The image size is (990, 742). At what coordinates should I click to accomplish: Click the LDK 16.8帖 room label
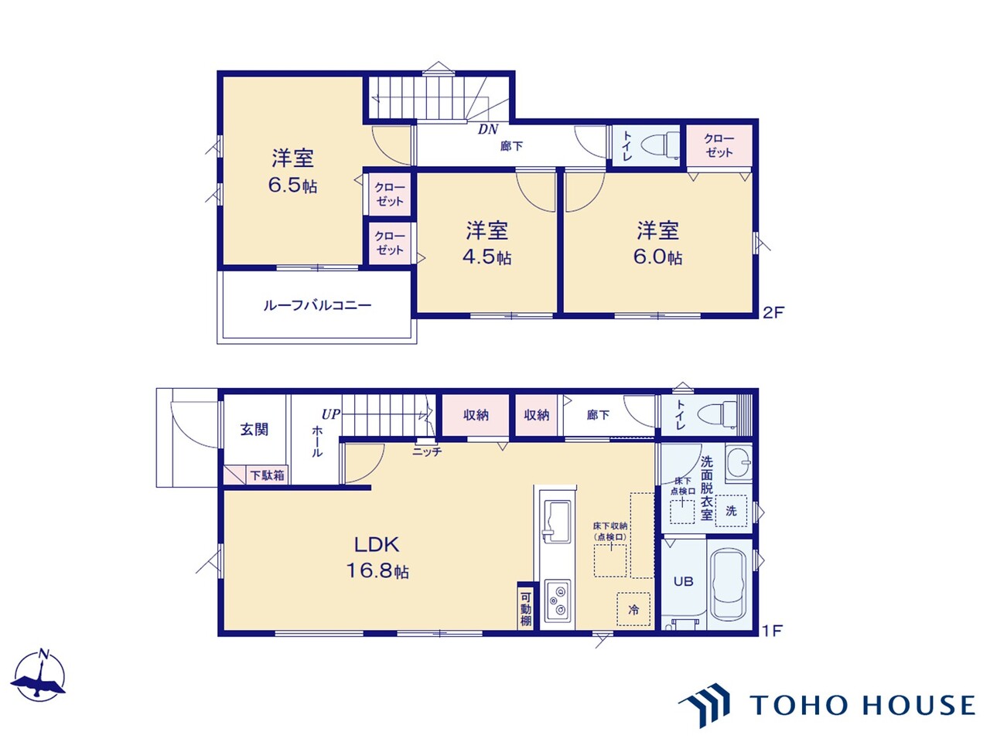(377, 557)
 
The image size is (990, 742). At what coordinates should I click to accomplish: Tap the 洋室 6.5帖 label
(292, 171)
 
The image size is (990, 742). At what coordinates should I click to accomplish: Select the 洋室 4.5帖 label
(487, 243)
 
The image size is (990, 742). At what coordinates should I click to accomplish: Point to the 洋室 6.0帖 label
(657, 243)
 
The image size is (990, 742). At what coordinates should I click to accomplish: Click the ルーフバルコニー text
(317, 305)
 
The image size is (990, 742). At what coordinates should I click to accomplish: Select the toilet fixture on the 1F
(719, 415)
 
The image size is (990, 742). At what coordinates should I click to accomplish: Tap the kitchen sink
(557, 521)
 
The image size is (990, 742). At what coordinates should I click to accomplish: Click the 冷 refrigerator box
(633, 609)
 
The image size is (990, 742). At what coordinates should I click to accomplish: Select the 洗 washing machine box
(731, 510)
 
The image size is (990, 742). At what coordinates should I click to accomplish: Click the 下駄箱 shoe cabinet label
(267, 475)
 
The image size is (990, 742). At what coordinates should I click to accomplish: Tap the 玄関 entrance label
(254, 429)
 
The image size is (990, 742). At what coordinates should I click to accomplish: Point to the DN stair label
(488, 130)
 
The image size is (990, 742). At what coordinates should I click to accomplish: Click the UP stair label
(330, 414)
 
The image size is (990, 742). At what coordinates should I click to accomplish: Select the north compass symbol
(39, 676)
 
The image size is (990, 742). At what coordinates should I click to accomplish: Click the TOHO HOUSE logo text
(862, 705)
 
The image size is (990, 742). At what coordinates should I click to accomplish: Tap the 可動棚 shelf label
(525, 609)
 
